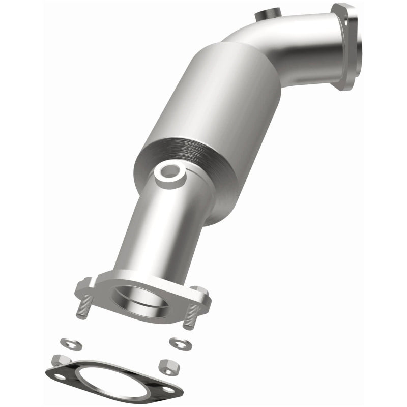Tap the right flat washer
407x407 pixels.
(179, 342)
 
